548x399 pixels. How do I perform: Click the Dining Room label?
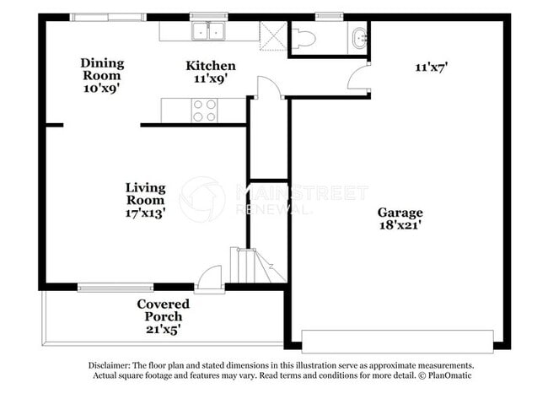pos(102,68)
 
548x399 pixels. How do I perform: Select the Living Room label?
pos(145,194)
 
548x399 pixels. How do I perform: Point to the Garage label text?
pos(400,213)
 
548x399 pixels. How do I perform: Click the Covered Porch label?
pos(164,310)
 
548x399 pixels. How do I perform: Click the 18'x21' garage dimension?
pos(400,225)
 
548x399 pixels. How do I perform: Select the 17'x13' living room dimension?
pos(145,213)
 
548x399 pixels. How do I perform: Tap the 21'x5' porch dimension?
pos(164,329)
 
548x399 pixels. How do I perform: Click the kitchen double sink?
pos(208,32)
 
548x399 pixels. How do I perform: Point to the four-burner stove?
pos(205,111)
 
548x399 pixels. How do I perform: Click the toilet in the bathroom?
pos(303,37)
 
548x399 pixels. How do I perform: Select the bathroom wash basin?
pos(360,37)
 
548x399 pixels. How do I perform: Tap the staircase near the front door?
pos(250,265)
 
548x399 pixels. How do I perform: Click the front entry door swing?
pos(209,278)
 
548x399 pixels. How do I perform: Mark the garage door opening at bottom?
pos(397,341)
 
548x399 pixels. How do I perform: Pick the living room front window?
pos(116,288)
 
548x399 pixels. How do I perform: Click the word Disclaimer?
pos(110,365)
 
